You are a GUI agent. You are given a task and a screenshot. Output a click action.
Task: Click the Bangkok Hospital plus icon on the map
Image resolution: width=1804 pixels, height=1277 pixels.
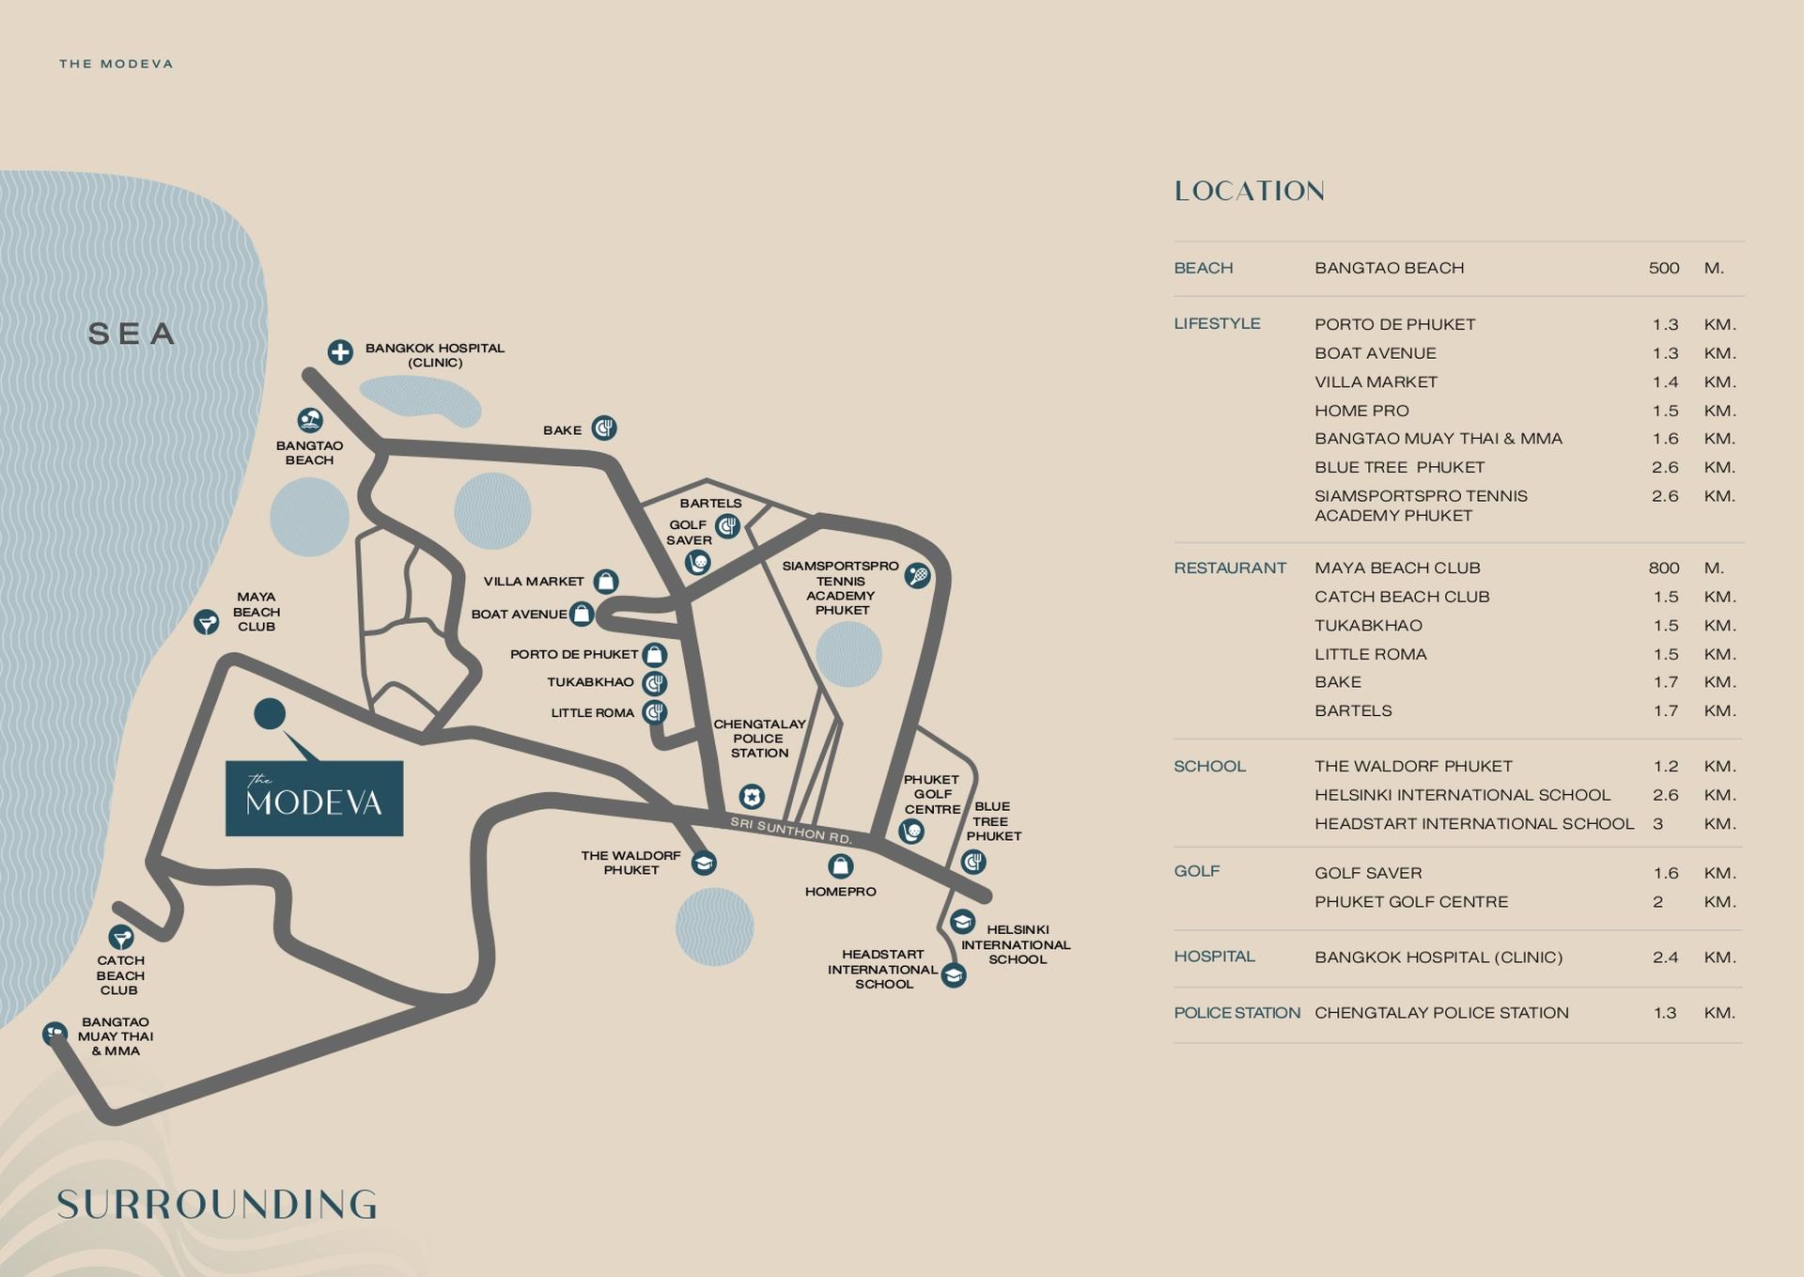[340, 351]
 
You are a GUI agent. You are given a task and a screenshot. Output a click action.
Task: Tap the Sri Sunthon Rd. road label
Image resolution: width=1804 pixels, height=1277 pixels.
[791, 831]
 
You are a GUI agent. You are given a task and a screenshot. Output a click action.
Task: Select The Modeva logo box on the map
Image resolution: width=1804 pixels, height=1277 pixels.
[314, 798]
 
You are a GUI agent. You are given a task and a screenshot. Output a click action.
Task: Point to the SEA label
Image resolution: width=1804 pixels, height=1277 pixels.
[132, 334]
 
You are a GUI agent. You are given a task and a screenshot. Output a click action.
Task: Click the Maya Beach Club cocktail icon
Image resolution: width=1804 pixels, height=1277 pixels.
[207, 621]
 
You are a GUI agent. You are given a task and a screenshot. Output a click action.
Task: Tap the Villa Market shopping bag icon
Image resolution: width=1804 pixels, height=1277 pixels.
[606, 581]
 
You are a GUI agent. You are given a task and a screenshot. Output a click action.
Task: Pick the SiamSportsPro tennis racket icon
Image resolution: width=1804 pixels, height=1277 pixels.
[918, 575]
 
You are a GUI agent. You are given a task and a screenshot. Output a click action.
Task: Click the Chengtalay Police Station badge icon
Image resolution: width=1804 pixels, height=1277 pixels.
[751, 797]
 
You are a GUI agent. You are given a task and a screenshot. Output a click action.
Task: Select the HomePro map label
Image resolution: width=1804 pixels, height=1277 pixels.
[840, 891]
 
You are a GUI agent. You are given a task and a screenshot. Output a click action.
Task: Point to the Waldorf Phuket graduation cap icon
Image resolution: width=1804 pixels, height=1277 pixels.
[704, 863]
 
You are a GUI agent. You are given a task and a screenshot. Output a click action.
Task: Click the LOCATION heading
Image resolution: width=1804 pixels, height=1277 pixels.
[1250, 192]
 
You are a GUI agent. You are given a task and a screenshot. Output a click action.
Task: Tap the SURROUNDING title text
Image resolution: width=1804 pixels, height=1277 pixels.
[217, 1205]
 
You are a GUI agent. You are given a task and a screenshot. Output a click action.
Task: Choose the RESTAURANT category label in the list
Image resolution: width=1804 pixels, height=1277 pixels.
[1230, 568]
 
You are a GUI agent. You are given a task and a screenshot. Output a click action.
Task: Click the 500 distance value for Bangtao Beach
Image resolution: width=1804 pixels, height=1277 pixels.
[1663, 268]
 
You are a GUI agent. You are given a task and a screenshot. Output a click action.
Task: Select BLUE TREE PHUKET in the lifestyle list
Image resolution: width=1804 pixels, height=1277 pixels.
[1399, 467]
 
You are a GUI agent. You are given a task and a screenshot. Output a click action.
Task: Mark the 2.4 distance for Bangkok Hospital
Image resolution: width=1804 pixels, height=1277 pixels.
[1665, 957]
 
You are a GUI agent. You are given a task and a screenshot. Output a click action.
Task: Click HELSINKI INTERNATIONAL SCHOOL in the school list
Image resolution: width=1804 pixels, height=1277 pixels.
[1462, 795]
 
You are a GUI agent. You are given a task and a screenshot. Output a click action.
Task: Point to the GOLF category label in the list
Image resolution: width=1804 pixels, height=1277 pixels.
[1197, 871]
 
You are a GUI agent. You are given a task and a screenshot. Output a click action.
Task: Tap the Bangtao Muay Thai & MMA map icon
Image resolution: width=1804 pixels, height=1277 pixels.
[55, 1034]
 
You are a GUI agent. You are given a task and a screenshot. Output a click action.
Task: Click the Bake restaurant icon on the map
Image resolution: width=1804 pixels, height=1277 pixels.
[604, 428]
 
